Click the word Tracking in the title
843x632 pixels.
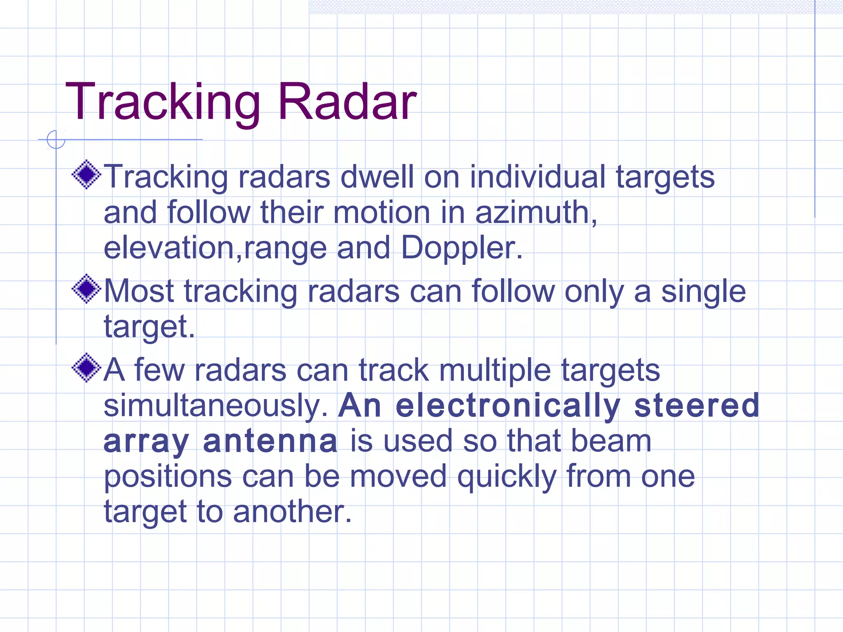pyautogui.click(x=163, y=102)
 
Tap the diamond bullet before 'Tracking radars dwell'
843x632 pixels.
pyautogui.click(x=86, y=175)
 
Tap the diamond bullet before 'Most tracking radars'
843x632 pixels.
pyautogui.click(x=86, y=289)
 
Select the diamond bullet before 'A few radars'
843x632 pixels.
pyautogui.click(x=86, y=368)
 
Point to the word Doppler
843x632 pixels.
pyautogui.click(x=461, y=249)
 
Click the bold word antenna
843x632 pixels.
pyautogui.click(x=270, y=441)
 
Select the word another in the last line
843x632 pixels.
pyautogui.click(x=292, y=511)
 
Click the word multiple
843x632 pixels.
pyautogui.click(x=494, y=370)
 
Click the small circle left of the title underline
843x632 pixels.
pyautogui.click(x=56, y=139)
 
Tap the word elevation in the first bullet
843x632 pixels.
pyautogui.click(x=169, y=248)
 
